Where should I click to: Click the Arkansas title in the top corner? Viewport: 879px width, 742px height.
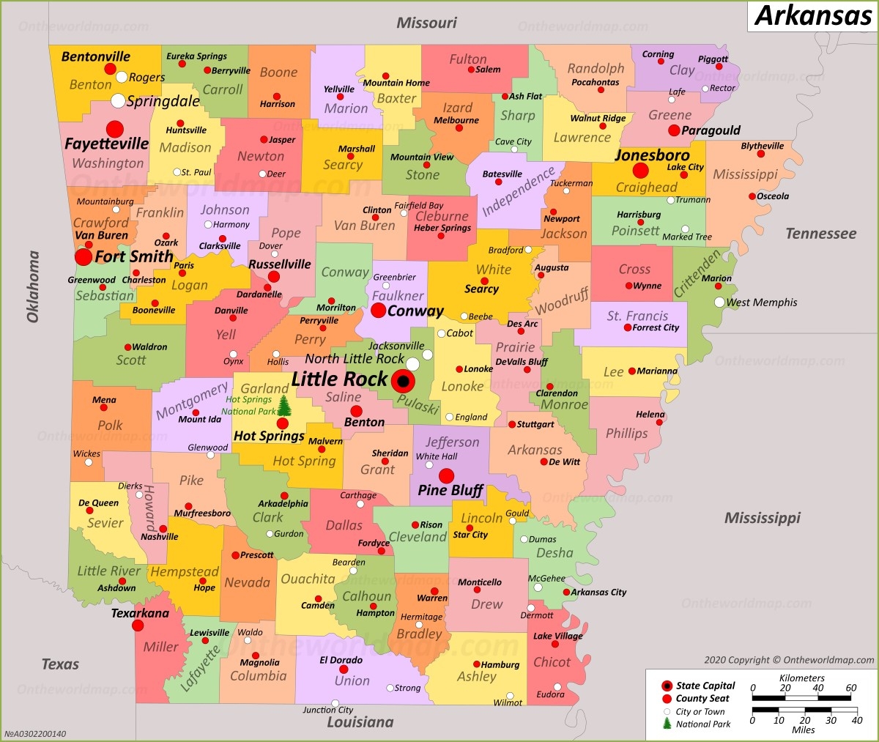tap(812, 15)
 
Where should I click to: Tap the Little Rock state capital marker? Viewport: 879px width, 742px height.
tap(402, 382)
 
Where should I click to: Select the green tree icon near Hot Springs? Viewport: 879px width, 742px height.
tap(284, 406)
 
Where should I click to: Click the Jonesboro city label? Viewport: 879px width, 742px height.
tap(652, 155)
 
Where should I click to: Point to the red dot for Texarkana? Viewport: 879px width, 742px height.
tap(138, 626)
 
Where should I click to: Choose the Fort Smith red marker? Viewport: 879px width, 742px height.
tap(84, 257)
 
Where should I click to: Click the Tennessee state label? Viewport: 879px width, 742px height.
tap(820, 234)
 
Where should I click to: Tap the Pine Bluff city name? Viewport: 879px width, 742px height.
tap(450, 491)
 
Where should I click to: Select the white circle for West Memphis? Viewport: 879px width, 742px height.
tap(719, 302)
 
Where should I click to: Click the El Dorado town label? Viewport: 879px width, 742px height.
tap(341, 660)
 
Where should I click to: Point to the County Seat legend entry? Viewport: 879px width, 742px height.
tap(702, 699)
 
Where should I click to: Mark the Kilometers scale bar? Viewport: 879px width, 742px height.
tap(801, 697)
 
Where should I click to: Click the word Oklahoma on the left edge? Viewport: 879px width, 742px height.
tap(33, 286)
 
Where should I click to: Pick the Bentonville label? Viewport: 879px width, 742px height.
tap(96, 56)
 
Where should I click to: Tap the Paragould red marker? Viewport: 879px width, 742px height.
tap(674, 130)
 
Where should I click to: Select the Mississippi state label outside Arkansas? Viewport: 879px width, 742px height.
tap(762, 518)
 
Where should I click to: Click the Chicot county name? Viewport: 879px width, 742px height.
tap(552, 661)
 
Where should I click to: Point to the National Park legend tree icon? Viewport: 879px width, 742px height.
tap(667, 724)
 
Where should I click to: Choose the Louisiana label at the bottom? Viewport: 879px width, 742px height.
tap(360, 722)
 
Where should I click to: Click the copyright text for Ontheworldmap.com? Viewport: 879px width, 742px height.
tap(789, 660)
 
